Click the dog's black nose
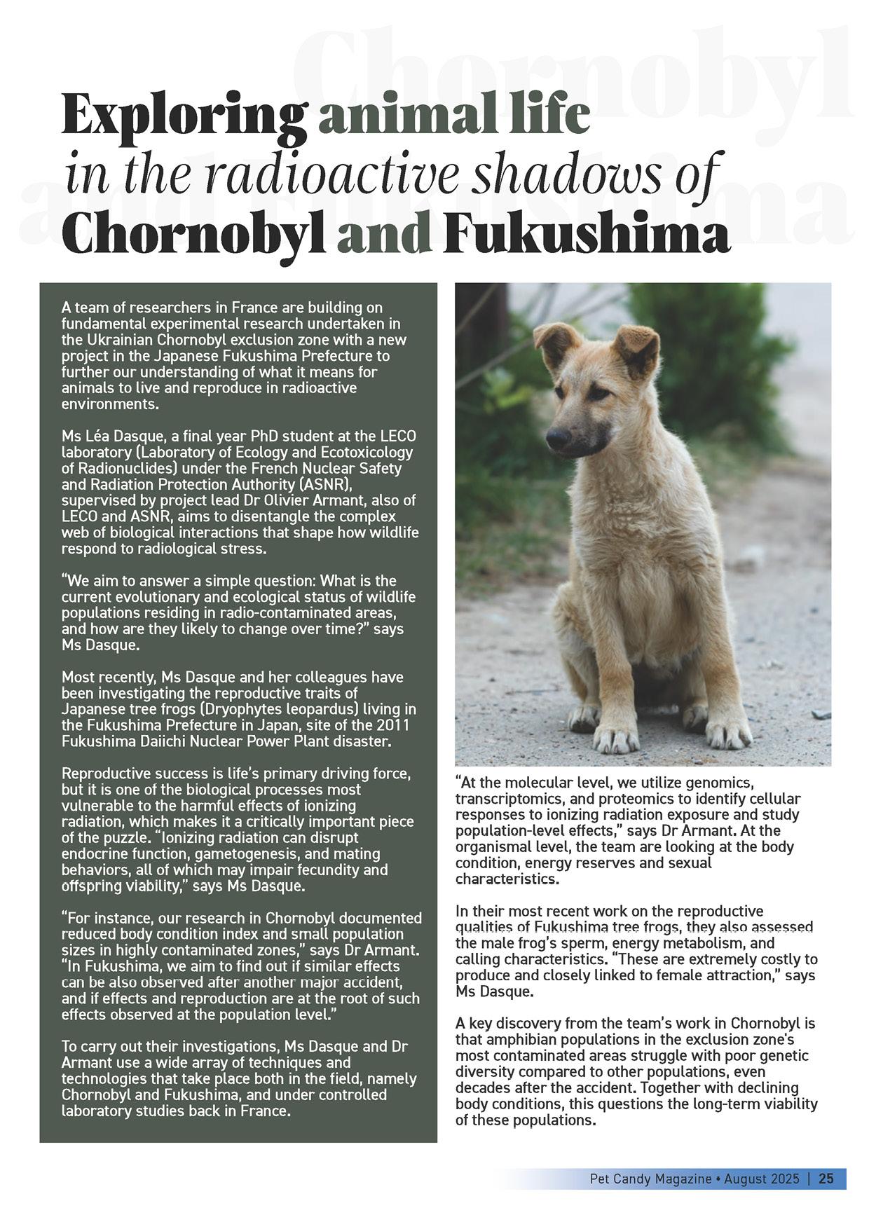point(558,439)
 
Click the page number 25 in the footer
point(826,1179)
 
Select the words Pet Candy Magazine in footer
point(650,1179)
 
